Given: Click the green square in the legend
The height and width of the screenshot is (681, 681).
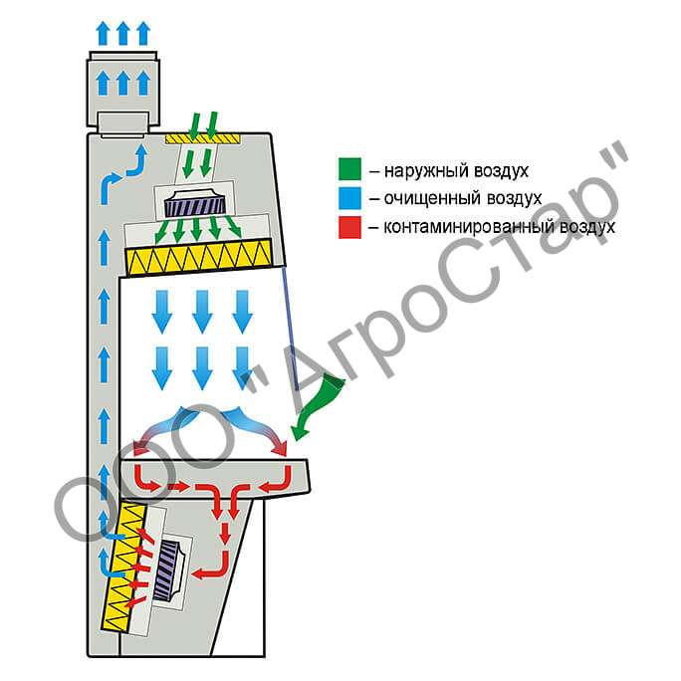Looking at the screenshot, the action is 349,169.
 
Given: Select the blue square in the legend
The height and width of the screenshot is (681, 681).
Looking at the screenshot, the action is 349,198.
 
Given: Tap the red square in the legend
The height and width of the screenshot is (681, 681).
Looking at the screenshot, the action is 349,227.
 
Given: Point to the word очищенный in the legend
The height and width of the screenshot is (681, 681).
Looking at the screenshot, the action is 432,199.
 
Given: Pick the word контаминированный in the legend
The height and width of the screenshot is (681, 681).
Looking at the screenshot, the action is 468,227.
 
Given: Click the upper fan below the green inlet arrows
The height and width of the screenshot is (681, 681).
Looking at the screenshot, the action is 195,204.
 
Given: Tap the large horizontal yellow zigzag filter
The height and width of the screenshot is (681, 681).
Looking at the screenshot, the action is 198,257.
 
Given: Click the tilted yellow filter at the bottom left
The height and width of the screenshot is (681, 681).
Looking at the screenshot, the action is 123,567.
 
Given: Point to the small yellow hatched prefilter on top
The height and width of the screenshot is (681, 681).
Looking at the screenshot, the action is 202,138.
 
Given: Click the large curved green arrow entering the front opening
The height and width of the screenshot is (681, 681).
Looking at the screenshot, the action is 318,406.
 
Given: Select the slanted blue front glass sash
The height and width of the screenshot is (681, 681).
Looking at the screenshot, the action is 291,329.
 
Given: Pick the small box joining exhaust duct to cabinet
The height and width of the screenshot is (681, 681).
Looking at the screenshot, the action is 123,125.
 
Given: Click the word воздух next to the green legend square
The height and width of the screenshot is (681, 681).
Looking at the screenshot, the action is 501,171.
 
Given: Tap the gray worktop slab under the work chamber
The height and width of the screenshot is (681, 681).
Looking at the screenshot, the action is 215,478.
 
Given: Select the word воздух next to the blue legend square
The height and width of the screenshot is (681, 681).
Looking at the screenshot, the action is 514,199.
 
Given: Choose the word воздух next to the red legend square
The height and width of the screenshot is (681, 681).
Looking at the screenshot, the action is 586,227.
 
